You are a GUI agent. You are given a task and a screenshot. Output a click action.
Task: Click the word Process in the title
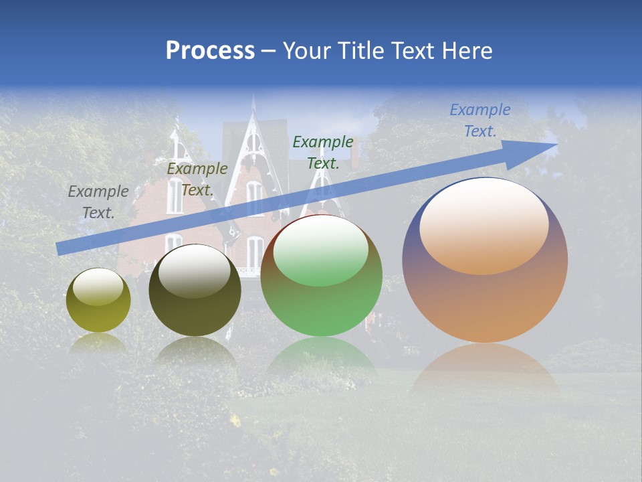tap(210, 51)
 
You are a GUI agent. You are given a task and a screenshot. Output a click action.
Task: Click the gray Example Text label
tap(98, 202)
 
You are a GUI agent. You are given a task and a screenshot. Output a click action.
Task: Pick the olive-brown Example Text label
tap(197, 179)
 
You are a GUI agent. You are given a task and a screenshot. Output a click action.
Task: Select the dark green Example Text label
tap(322, 153)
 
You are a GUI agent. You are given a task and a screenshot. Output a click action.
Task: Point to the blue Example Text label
tap(479, 120)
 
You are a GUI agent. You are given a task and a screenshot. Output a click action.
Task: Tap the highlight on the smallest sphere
tap(98, 287)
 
